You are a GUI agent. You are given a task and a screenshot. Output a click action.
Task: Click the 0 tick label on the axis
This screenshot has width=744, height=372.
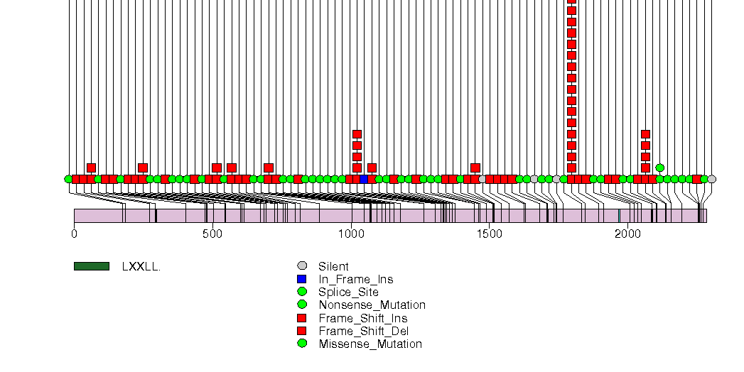(75, 233)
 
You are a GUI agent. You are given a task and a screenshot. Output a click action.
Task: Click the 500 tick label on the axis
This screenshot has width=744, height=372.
(212, 233)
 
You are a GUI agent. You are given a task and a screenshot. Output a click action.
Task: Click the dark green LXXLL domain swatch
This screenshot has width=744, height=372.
(92, 266)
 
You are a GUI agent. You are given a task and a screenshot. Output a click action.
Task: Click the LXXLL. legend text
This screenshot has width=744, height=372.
(141, 267)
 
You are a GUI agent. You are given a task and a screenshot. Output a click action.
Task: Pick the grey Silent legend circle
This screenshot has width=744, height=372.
(302, 266)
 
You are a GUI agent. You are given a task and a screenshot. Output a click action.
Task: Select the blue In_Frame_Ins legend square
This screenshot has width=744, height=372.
(302, 279)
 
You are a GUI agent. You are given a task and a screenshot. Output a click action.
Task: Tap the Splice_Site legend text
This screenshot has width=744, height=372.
(348, 292)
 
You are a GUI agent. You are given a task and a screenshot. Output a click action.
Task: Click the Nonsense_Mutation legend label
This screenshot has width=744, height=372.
(372, 305)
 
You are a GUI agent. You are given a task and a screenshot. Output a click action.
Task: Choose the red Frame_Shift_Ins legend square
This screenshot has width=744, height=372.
(302, 318)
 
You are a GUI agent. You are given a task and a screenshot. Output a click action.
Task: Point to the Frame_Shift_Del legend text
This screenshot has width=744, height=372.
(363, 331)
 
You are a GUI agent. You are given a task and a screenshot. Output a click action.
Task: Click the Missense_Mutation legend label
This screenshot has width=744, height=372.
(370, 344)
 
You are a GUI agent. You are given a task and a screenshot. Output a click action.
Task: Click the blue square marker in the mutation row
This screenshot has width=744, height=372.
(365, 179)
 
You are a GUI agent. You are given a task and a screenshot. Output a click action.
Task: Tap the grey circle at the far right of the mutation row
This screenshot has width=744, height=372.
(711, 179)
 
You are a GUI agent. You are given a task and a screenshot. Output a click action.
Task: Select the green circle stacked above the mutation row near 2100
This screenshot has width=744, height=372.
(659, 168)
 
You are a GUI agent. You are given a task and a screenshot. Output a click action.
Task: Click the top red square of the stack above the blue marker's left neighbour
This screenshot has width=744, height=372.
(357, 134)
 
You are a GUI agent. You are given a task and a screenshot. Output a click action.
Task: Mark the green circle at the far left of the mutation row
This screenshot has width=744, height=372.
(68, 179)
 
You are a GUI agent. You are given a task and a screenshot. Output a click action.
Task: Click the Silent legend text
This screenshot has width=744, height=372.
(333, 267)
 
